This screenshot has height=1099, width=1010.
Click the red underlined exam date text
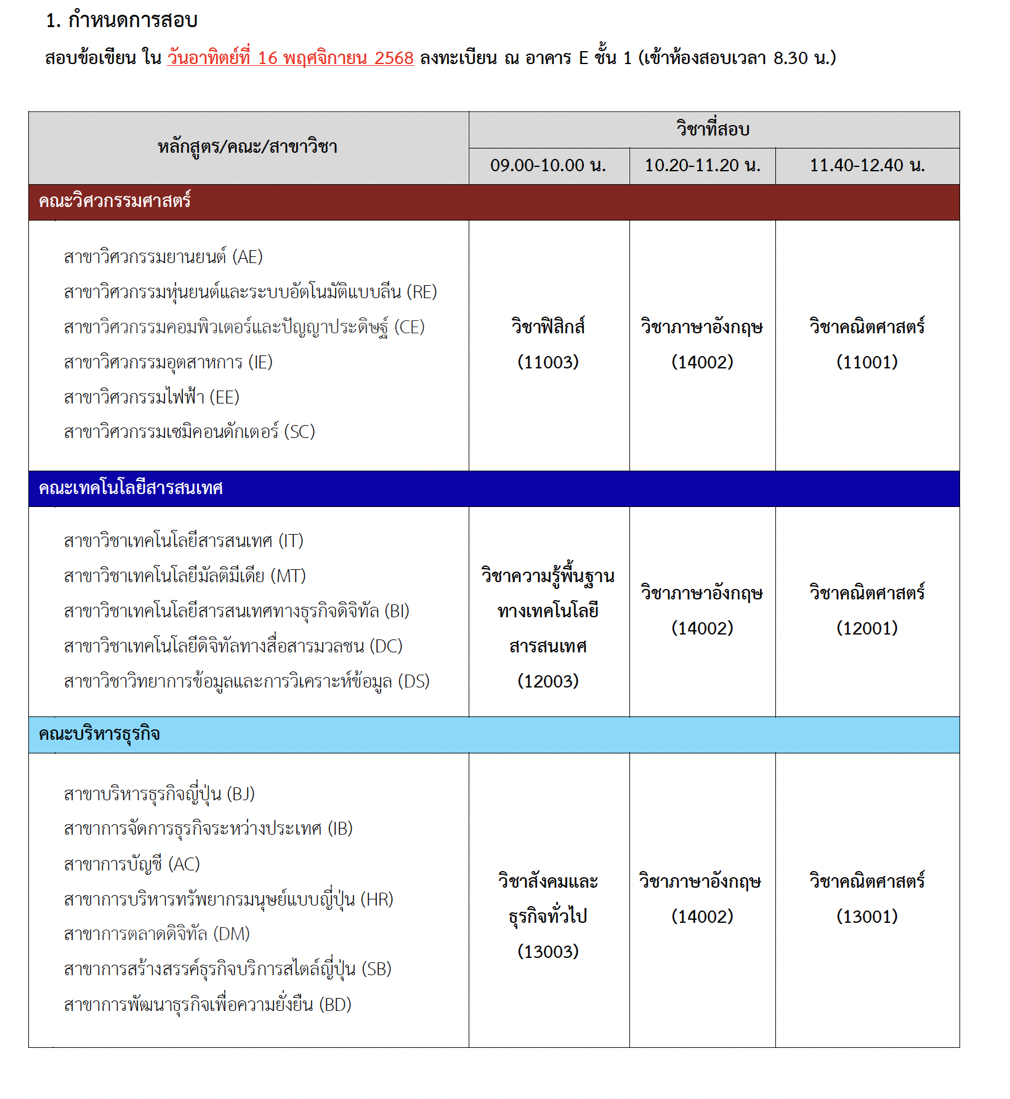pyautogui.click(x=290, y=58)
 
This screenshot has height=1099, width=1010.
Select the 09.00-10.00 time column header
pyautogui.click(x=548, y=165)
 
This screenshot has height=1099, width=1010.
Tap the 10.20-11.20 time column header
pyautogui.click(x=702, y=165)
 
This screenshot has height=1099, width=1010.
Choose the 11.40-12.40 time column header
pyautogui.click(x=867, y=165)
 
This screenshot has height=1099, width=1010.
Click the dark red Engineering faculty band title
pyautogui.click(x=115, y=201)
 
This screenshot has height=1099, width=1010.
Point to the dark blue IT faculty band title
pyautogui.click(x=131, y=489)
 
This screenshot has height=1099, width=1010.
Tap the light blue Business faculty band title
pyautogui.click(x=99, y=734)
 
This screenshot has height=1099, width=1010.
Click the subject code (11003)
pyautogui.click(x=548, y=362)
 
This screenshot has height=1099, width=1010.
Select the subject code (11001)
pyautogui.click(x=867, y=362)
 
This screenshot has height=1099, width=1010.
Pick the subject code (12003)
pyautogui.click(x=548, y=681)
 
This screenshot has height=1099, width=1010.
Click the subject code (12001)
pyautogui.click(x=867, y=628)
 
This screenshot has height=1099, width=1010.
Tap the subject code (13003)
pyautogui.click(x=548, y=951)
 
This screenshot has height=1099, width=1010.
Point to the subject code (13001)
pyautogui.click(x=867, y=916)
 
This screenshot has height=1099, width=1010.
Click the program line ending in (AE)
pyautogui.click(x=163, y=256)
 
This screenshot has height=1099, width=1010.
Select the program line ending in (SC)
pyautogui.click(x=189, y=432)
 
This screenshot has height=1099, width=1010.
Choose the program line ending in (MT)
pyautogui.click(x=185, y=576)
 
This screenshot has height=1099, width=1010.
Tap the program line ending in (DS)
pyautogui.click(x=246, y=681)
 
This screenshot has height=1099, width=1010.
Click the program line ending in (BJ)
pyautogui.click(x=159, y=794)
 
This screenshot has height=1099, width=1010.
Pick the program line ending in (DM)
pyautogui.click(x=156, y=934)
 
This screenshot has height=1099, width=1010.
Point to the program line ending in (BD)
pyautogui.click(x=208, y=1005)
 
